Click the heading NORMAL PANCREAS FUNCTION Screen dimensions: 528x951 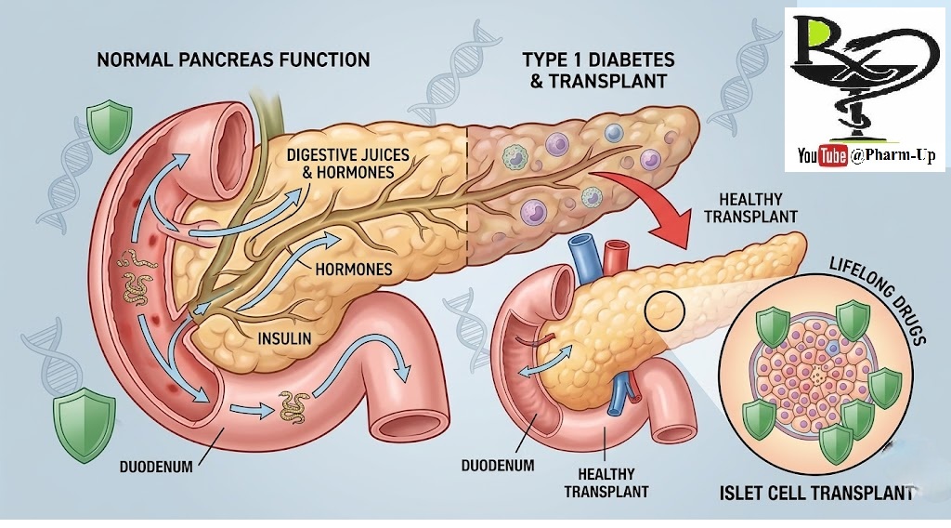233,59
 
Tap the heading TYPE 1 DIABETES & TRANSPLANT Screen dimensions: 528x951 598,70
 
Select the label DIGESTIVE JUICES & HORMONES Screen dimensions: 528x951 340,163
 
